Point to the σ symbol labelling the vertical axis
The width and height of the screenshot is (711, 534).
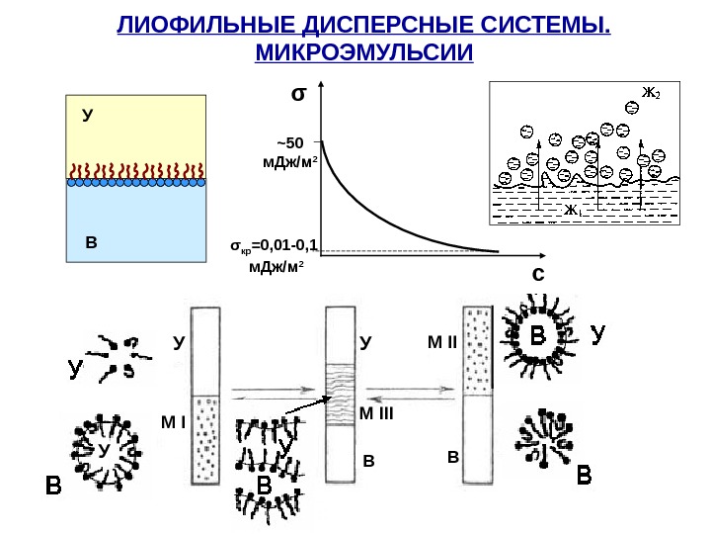coord(297,96)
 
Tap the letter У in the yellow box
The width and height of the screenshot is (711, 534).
coord(88,116)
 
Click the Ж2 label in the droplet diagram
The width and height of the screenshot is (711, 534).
coord(650,94)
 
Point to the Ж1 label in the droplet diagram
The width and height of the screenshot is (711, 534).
coord(572,211)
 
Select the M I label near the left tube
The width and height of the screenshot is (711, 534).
coord(173,422)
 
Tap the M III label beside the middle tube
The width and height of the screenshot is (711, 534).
coord(375,414)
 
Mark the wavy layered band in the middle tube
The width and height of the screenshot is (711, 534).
coord(341,394)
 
